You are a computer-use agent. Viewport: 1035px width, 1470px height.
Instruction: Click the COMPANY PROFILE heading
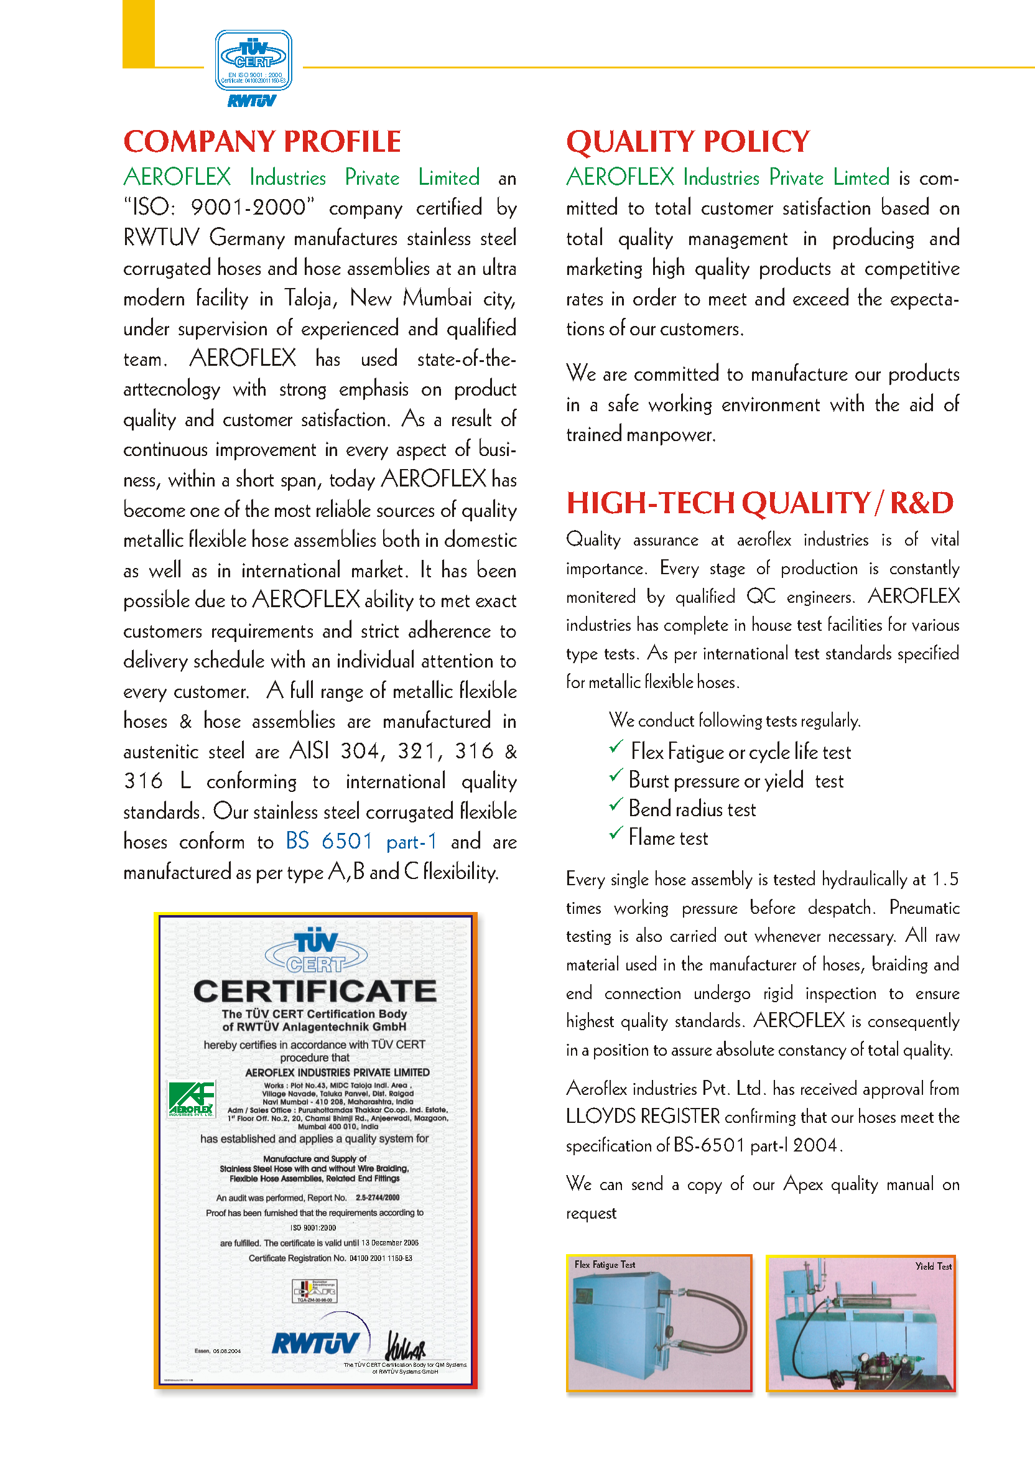click(262, 141)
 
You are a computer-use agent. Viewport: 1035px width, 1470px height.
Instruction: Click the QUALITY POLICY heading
click(687, 141)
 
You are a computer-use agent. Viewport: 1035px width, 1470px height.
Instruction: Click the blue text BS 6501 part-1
click(361, 841)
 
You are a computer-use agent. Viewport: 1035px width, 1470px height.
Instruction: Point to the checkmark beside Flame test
click(616, 833)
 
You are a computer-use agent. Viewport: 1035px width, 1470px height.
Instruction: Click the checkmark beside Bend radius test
click(616, 804)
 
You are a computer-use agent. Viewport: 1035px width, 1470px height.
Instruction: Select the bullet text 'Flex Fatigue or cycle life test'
click(741, 751)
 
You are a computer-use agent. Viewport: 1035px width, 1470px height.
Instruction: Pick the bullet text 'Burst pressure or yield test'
click(736, 781)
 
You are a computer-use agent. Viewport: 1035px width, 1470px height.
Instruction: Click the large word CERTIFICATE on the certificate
click(315, 991)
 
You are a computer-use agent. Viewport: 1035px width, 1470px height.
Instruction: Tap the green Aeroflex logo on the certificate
click(192, 1099)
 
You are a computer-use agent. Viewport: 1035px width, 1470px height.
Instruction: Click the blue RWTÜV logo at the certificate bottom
click(315, 1343)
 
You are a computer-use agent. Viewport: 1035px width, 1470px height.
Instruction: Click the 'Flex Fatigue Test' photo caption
click(604, 1265)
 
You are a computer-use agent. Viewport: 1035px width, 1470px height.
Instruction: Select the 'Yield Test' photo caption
click(932, 1266)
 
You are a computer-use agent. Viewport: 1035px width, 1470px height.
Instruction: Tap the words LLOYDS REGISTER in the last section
click(643, 1117)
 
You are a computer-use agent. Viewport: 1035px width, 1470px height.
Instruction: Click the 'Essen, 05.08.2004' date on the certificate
click(218, 1351)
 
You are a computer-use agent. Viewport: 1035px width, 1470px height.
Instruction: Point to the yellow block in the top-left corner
click(138, 34)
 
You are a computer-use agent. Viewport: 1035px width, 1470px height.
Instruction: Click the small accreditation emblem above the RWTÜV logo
click(314, 1291)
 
